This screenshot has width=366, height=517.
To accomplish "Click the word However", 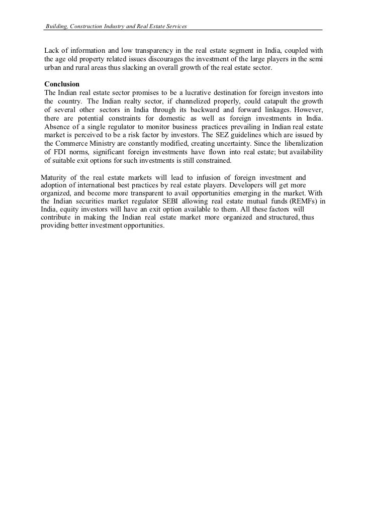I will (x=307, y=110).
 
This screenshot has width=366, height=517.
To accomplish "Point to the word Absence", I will (x=57, y=127).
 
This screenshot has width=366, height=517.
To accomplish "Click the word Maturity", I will (x=54, y=177).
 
